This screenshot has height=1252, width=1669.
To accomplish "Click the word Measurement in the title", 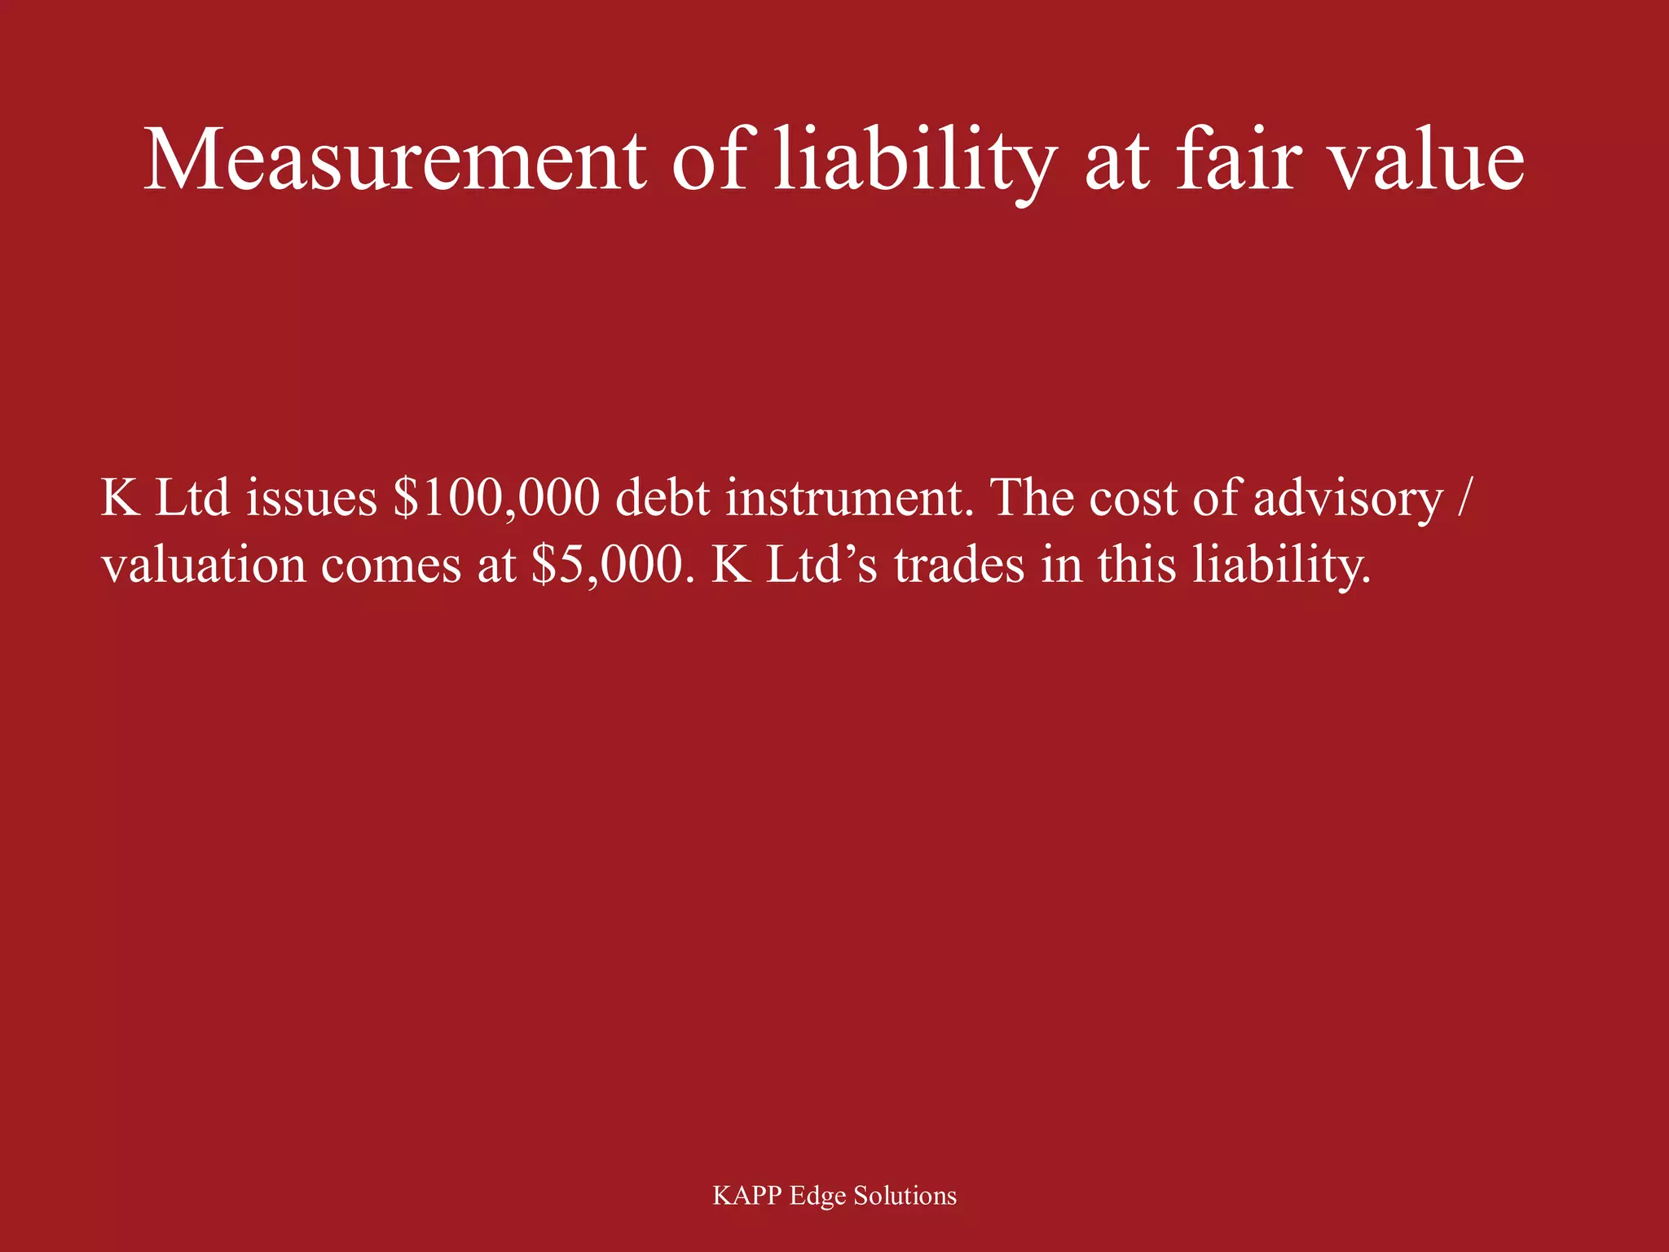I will click(394, 160).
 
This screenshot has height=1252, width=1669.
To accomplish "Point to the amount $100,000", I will click(496, 498).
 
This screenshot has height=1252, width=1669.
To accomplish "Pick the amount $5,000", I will click(606, 565).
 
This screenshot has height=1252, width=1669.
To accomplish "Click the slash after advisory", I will click(1464, 498).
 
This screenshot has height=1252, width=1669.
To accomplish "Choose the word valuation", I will click(204, 565).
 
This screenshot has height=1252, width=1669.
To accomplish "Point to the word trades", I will click(959, 565).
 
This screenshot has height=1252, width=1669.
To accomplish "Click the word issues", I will click(311, 498).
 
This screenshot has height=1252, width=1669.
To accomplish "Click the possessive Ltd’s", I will click(822, 565).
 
